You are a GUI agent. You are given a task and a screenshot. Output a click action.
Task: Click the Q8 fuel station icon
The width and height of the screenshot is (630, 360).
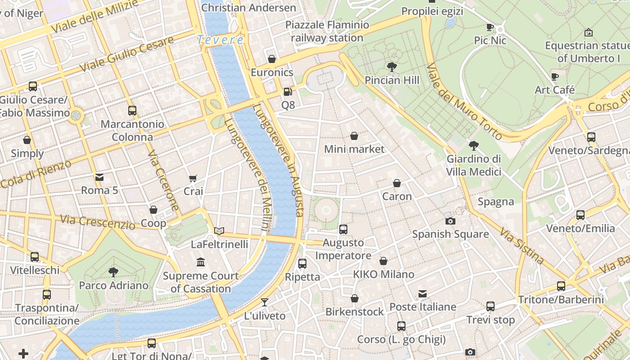pyautogui.click(x=288, y=92)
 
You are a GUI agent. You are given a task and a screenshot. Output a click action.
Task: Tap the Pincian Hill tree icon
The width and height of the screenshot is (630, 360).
pyautogui.click(x=391, y=67)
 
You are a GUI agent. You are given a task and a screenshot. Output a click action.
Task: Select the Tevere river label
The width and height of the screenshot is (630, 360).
pyautogui.click(x=220, y=40)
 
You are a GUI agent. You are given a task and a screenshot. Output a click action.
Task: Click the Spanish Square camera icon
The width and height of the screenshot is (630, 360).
pyautogui.click(x=450, y=221)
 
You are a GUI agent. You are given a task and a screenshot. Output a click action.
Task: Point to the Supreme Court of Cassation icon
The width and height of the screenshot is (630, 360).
pyautogui.click(x=201, y=262)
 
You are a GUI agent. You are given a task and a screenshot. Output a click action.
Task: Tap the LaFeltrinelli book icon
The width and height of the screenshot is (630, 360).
pyautogui.click(x=219, y=231)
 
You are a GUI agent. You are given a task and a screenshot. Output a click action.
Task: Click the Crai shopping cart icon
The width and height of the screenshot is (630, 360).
pyautogui.click(x=193, y=178)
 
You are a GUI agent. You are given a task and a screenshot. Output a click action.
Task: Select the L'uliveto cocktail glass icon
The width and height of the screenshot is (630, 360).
pyautogui.click(x=265, y=302)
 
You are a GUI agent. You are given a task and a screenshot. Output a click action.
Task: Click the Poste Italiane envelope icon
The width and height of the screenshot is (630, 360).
pyautogui.click(x=423, y=294)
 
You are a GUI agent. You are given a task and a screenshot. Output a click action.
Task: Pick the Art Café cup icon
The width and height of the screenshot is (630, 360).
pyautogui.click(x=554, y=76)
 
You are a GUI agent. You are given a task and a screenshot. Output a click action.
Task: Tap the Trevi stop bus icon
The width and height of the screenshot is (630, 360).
pyautogui.click(x=490, y=306)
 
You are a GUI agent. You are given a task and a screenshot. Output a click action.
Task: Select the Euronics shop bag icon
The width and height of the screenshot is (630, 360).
pyautogui.click(x=272, y=59)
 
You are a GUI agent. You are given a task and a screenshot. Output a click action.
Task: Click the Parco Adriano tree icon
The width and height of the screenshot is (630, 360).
pyautogui.click(x=113, y=272)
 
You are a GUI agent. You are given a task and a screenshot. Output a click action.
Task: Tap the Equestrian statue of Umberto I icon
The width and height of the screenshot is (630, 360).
pyautogui.click(x=588, y=32)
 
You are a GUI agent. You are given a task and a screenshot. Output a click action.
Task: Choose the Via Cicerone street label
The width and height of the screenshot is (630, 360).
pyautogui.click(x=163, y=180)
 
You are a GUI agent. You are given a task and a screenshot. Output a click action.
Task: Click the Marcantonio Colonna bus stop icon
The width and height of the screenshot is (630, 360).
pyautogui.click(x=132, y=111)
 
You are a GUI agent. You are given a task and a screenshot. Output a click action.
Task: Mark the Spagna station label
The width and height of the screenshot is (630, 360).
pyautogui.click(x=496, y=202)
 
